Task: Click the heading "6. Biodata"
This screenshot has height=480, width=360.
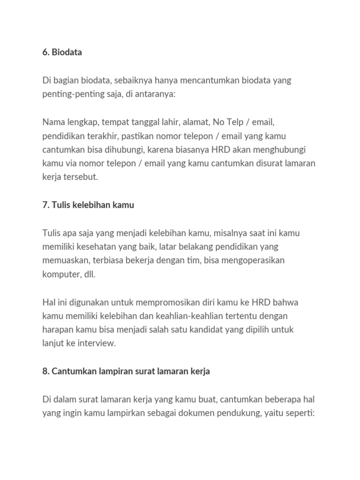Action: [62, 52]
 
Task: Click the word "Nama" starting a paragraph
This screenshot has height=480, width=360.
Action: [54, 122]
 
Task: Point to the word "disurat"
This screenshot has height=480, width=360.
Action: [264, 164]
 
